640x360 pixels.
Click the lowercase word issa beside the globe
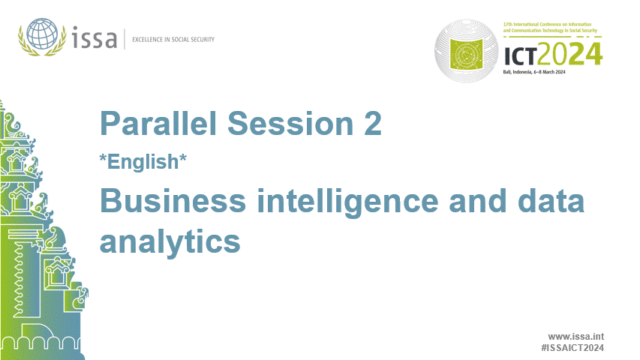point(96,38)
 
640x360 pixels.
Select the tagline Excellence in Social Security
point(173,39)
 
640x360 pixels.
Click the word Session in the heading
point(287,124)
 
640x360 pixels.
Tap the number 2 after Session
point(372,124)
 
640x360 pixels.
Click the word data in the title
point(551,202)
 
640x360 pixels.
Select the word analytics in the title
point(170,241)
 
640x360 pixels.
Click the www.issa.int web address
point(576,337)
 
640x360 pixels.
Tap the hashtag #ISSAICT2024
point(572,349)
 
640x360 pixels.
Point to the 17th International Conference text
point(551,29)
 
